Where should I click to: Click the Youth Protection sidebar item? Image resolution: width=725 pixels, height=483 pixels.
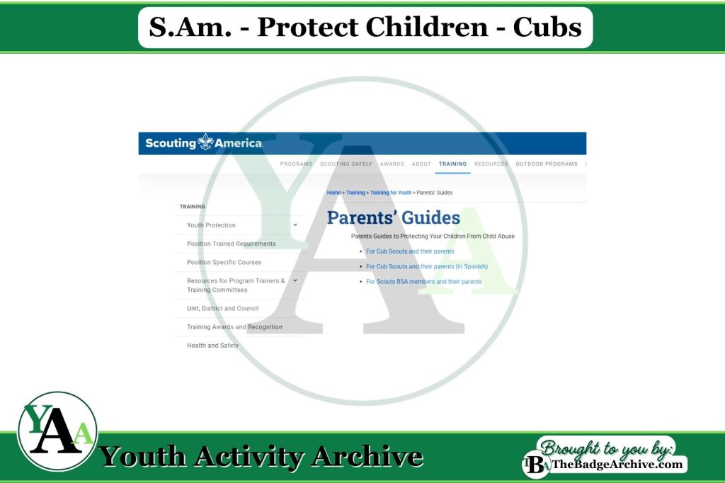click(x=211, y=225)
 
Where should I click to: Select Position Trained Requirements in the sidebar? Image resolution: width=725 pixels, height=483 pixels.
click(x=231, y=244)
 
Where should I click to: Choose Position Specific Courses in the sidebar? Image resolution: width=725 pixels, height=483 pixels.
click(x=224, y=262)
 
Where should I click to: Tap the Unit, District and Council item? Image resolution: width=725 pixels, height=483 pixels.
click(x=222, y=308)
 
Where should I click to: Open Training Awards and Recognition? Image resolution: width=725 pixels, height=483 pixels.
click(x=234, y=327)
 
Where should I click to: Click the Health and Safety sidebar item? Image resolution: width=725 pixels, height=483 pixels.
click(x=212, y=346)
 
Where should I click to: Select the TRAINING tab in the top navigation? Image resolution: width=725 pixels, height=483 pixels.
click(x=452, y=164)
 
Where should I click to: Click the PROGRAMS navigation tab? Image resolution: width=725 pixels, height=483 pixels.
click(x=296, y=164)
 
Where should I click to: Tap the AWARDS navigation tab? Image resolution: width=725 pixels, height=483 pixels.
click(x=392, y=164)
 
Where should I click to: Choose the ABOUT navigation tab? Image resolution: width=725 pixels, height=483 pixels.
click(x=421, y=164)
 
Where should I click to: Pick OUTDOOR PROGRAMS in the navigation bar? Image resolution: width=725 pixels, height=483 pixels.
click(x=546, y=164)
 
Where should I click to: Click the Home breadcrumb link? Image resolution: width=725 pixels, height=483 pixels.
click(x=333, y=193)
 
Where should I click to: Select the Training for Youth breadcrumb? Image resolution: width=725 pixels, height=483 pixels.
click(x=390, y=193)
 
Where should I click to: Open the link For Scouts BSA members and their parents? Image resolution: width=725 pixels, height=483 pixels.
click(x=423, y=282)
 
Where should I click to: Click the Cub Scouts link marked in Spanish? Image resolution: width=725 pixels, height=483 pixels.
click(x=426, y=266)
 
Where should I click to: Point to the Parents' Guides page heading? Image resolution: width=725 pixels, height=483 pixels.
click(x=393, y=217)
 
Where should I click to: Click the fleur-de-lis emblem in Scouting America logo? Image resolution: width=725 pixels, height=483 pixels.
click(x=205, y=142)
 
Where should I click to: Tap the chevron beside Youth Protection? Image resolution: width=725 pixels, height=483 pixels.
click(x=295, y=225)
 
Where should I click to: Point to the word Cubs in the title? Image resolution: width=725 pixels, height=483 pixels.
click(x=547, y=27)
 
